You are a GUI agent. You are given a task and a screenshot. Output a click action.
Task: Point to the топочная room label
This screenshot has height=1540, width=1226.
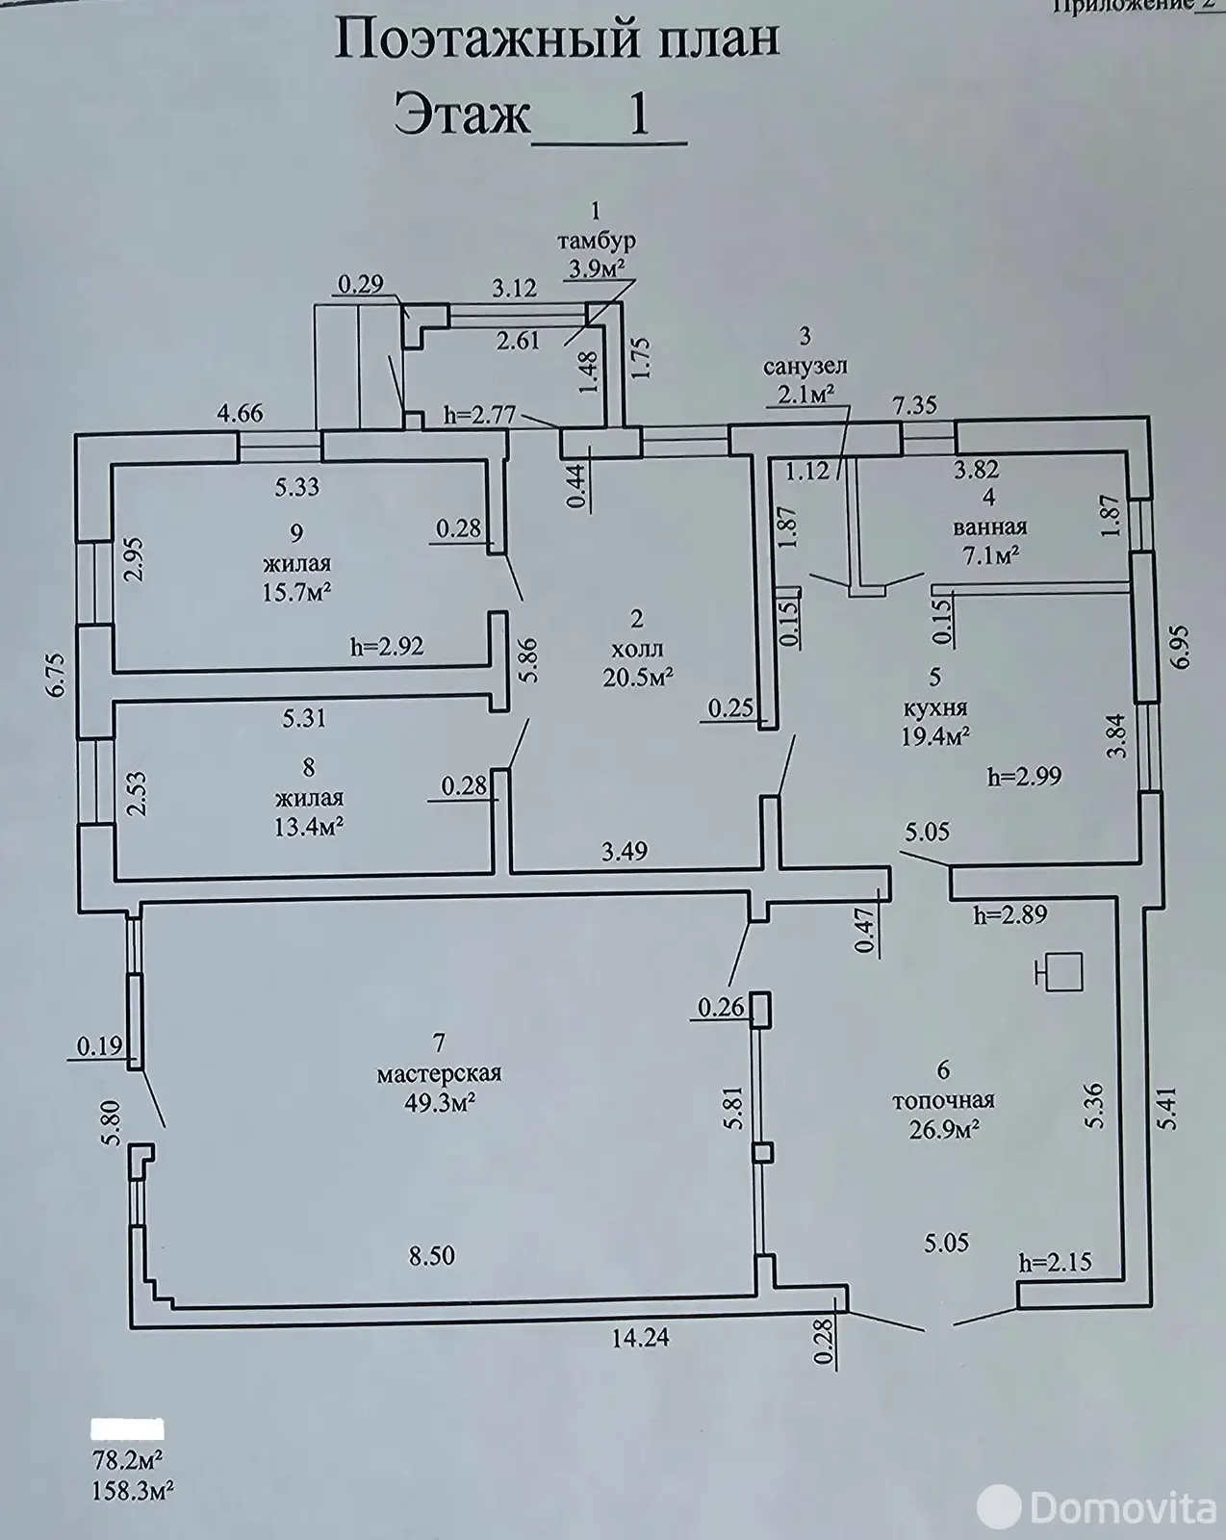(x=943, y=1100)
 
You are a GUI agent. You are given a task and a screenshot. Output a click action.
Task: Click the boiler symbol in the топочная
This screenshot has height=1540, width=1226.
(x=1060, y=972)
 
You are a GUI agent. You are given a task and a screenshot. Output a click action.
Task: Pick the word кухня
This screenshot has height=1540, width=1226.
(x=935, y=708)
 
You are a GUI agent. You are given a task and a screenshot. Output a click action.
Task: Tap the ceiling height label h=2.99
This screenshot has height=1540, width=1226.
(x=1024, y=777)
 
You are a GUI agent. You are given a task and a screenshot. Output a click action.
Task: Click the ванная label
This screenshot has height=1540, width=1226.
(x=990, y=527)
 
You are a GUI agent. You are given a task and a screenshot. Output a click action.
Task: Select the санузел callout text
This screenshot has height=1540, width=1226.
(x=805, y=367)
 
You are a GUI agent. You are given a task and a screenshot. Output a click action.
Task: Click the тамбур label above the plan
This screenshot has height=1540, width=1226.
(x=597, y=242)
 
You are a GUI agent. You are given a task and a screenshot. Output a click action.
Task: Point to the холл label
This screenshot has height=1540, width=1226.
(x=637, y=650)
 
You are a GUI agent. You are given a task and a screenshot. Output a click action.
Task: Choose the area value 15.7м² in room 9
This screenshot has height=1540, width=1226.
(x=298, y=593)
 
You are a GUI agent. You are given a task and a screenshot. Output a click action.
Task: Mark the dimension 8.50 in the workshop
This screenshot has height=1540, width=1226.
(x=431, y=1256)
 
